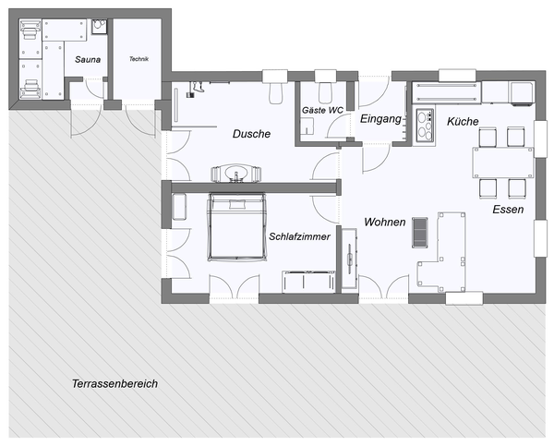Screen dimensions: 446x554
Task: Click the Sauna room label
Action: [x=88, y=60]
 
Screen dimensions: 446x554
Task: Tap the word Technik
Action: [x=138, y=59]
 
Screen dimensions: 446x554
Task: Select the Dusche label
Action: [x=251, y=134]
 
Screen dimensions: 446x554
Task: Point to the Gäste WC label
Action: [x=322, y=111]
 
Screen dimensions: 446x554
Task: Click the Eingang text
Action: [x=380, y=119]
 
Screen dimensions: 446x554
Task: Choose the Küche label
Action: [x=463, y=122]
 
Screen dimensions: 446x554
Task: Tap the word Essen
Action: [x=508, y=210]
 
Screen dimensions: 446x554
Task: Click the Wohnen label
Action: [x=385, y=223]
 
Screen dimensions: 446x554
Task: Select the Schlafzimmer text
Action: [x=299, y=237]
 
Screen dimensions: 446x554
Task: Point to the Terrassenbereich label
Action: [x=114, y=383]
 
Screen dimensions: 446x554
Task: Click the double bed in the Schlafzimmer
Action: [x=235, y=225]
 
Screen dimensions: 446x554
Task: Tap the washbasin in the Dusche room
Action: [x=236, y=173]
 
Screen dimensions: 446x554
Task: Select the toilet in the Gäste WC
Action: [x=324, y=93]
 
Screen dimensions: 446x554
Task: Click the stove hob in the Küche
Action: [x=426, y=124]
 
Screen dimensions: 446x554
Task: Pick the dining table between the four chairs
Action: [x=503, y=163]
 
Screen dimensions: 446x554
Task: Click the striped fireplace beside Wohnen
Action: [x=420, y=231]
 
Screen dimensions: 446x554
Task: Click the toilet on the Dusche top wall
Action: [x=275, y=93]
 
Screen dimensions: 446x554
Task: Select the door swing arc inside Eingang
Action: [x=374, y=157]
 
